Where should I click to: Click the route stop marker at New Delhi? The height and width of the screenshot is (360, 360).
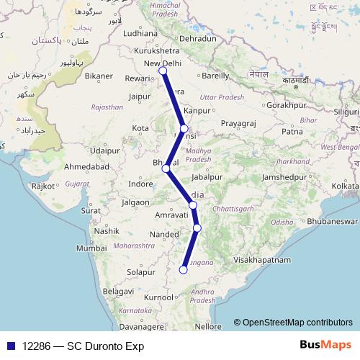coord(163,71)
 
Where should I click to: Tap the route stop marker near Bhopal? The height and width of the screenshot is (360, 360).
coord(166,168)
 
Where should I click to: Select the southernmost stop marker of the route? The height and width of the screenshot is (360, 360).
coord(183,270)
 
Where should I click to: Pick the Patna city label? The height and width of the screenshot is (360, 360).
coord(292,132)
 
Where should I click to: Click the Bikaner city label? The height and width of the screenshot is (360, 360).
coord(99,76)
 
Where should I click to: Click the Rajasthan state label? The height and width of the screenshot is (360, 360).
coord(107,107)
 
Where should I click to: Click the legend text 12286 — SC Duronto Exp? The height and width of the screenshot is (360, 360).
coord(83,346)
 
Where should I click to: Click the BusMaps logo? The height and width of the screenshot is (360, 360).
coord(327,346)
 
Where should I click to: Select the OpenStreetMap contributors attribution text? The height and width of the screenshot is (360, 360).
coord(293,323)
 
